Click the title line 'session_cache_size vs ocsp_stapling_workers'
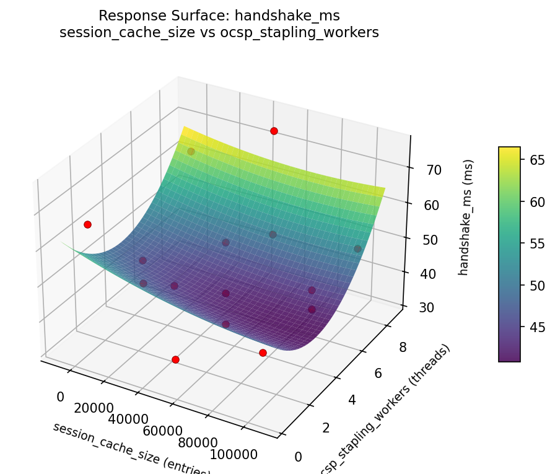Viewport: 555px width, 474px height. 219,33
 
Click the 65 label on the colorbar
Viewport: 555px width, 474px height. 536,160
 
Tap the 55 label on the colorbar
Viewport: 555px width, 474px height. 536,244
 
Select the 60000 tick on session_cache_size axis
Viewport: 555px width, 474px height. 164,431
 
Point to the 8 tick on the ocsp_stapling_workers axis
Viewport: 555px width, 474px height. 403,347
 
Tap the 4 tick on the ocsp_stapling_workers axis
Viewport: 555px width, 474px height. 352,400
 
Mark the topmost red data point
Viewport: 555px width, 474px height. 274,131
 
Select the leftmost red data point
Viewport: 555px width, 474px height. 87,224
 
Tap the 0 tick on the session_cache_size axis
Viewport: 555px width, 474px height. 61,397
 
